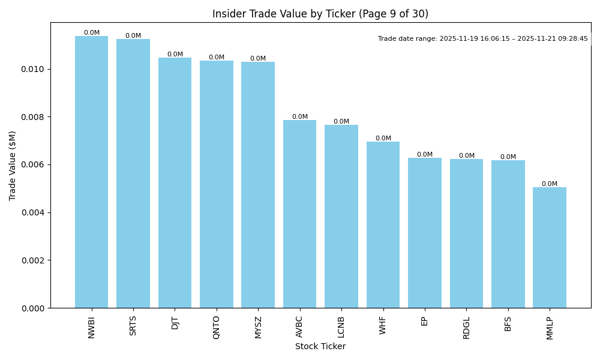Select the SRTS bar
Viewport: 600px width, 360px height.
click(133, 173)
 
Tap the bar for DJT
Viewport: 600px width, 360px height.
click(175, 183)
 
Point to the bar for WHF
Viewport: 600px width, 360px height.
click(383, 225)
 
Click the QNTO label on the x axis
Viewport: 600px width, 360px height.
click(217, 327)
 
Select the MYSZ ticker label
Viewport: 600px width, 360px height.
click(258, 327)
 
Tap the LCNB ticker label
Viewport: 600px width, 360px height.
click(341, 328)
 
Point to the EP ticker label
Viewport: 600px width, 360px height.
click(425, 321)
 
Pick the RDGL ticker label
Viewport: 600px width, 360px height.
click(466, 328)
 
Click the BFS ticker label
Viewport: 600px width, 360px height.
click(508, 323)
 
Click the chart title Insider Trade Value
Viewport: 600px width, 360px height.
click(320, 14)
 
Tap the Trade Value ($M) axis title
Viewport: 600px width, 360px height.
click(13, 166)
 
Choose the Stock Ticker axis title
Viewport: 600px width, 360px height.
click(320, 347)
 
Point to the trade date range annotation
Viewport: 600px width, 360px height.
click(483, 39)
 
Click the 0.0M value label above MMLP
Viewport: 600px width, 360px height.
click(550, 184)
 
